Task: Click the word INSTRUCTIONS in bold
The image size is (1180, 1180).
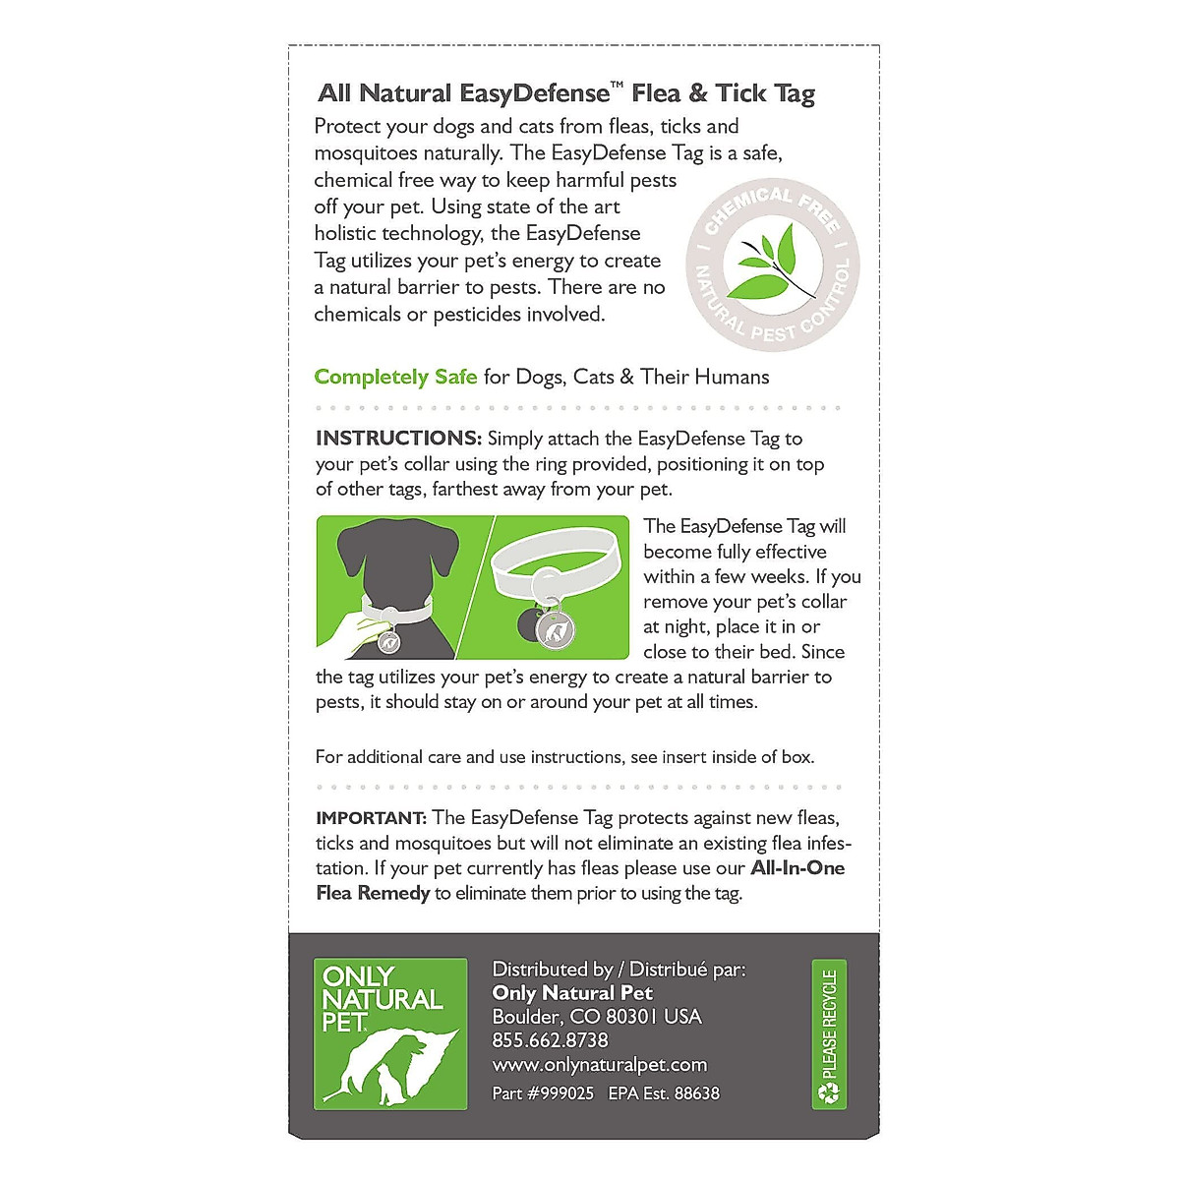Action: (398, 439)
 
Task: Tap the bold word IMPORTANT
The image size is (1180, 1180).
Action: (371, 818)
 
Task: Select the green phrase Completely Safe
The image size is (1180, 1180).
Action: (395, 377)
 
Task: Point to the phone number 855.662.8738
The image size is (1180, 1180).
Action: (550, 1040)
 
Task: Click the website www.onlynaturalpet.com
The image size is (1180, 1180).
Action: (599, 1065)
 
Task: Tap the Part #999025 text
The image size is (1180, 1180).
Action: (543, 1093)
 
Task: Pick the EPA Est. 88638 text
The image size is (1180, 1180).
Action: (664, 1093)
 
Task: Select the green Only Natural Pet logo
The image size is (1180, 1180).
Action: (390, 1033)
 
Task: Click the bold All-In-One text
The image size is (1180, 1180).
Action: (797, 868)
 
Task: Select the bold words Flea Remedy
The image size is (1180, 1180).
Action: (373, 893)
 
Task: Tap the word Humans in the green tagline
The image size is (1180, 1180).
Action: (731, 377)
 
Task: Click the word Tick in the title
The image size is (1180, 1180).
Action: (741, 94)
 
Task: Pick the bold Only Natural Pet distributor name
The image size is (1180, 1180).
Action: (572, 993)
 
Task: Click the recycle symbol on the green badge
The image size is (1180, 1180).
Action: (829, 1093)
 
